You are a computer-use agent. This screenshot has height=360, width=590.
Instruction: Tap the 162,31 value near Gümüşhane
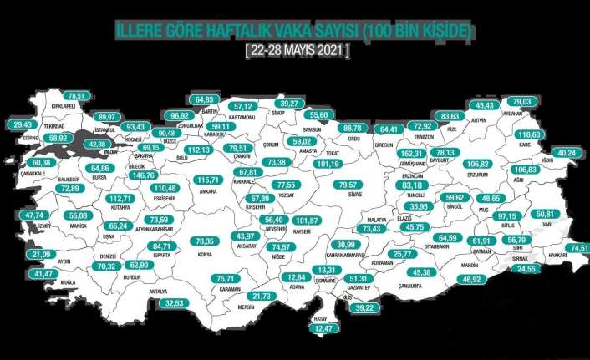point(412,155)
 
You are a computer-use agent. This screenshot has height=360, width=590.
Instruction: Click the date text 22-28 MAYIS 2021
point(298,51)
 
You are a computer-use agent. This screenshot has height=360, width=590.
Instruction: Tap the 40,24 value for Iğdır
point(566,154)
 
